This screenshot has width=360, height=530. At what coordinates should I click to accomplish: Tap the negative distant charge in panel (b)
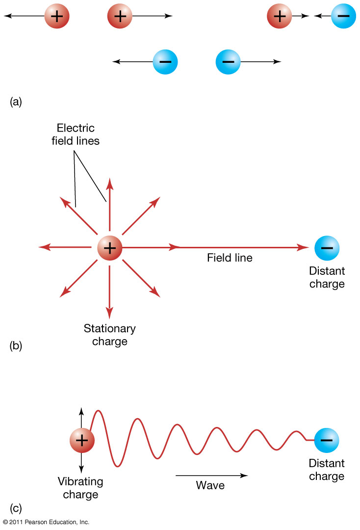(327, 248)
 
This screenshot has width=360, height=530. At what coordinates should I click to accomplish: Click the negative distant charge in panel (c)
(326, 440)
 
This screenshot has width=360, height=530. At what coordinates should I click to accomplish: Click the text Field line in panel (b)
(230, 258)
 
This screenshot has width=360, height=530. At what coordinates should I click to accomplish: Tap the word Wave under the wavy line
(210, 485)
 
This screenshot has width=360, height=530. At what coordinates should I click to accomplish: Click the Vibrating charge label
(80, 488)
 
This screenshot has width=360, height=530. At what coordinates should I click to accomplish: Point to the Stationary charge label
(109, 335)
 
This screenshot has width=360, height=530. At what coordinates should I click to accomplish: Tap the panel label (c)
(16, 507)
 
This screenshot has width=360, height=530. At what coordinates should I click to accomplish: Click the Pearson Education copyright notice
(46, 522)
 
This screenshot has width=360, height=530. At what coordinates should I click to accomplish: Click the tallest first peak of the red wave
(98, 411)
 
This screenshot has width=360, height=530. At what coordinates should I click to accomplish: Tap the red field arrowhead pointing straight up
(109, 183)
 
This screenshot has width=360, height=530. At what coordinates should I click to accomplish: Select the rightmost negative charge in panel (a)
(343, 16)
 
